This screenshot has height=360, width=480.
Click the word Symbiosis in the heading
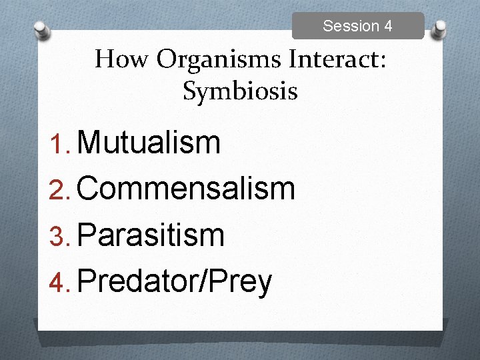click(x=240, y=91)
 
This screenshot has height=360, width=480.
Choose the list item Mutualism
click(x=149, y=142)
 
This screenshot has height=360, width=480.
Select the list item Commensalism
click(x=186, y=189)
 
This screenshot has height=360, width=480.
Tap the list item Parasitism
click(x=151, y=235)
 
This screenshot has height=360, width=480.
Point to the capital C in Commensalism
click(x=89, y=189)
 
